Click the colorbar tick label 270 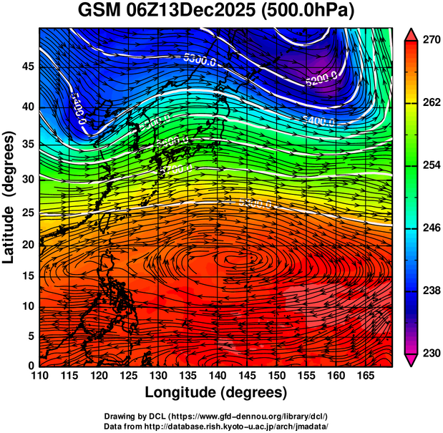click(430, 41)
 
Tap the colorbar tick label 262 click(430, 103)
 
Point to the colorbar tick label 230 click(430, 353)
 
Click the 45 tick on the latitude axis click(25, 67)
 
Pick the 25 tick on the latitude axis click(25, 213)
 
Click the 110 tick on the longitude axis click(39, 375)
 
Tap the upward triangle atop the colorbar click(412, 34)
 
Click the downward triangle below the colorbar click(412, 360)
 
